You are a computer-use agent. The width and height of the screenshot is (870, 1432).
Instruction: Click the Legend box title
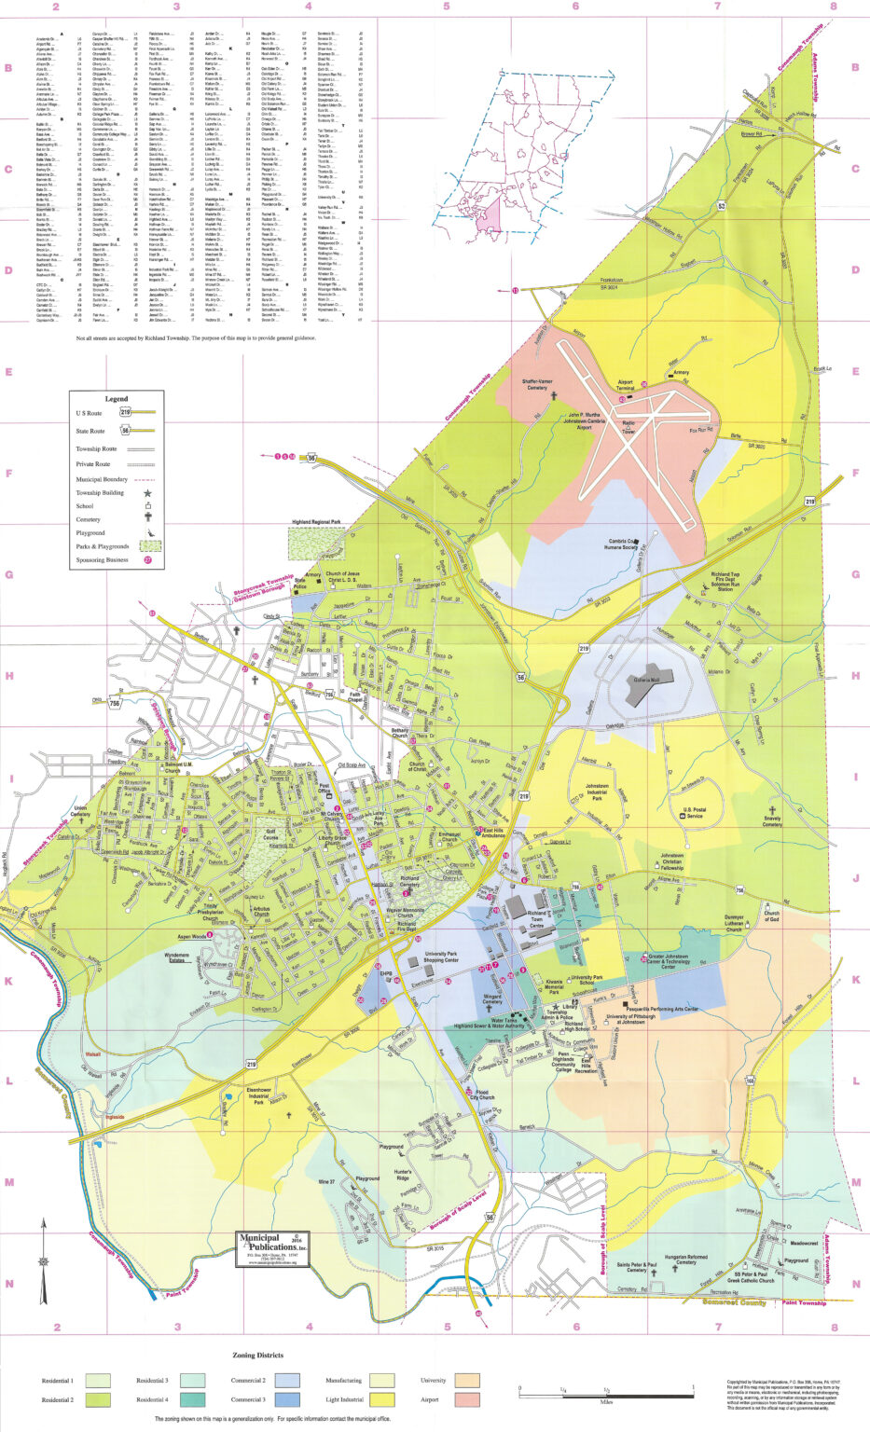click(117, 398)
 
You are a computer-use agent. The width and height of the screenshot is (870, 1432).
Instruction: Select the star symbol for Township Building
click(147, 492)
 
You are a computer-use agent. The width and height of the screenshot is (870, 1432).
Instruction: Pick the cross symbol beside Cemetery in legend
click(147, 518)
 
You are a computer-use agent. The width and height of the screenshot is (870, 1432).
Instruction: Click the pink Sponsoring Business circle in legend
click(147, 560)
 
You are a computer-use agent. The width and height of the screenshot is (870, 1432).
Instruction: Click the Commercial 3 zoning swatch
click(286, 1399)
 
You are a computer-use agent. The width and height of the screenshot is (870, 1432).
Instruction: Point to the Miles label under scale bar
click(606, 1401)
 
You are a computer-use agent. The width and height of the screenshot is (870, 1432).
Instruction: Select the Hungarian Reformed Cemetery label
click(685, 1260)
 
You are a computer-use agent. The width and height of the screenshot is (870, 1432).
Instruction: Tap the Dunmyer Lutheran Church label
click(734, 923)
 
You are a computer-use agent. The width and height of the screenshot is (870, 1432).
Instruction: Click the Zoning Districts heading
click(257, 1355)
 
